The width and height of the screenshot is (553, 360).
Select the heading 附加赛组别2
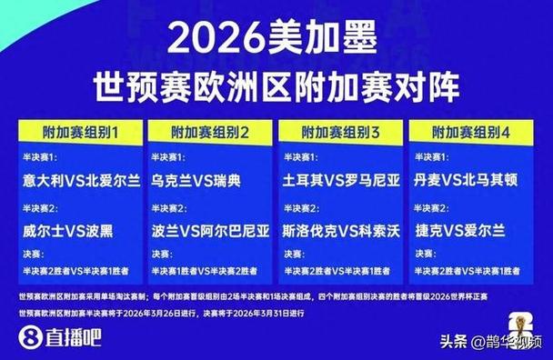[x=211, y=131]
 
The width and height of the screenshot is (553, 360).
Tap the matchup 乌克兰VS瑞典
[x=196, y=181]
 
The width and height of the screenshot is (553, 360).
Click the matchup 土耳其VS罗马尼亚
[x=343, y=181]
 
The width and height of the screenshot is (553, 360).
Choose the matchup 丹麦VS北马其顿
[x=471, y=181]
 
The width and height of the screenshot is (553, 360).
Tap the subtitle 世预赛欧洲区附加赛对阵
[x=276, y=88]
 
